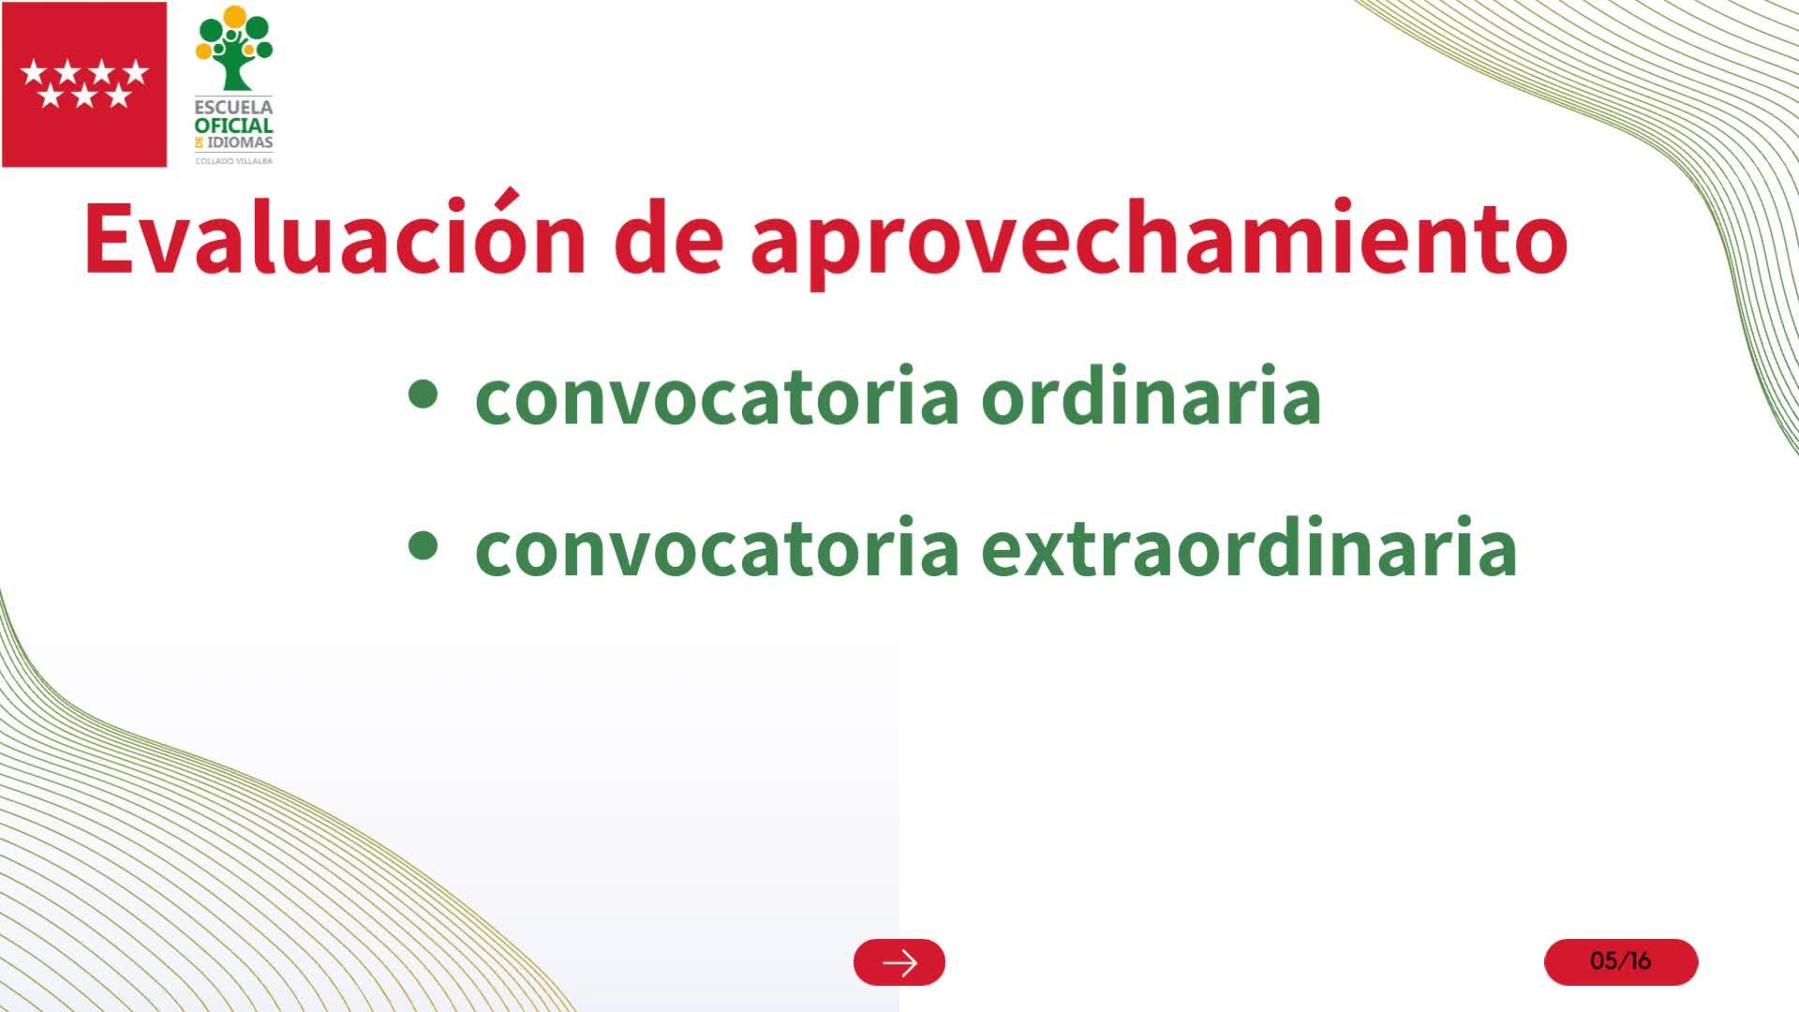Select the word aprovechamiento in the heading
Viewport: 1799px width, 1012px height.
coord(1159,242)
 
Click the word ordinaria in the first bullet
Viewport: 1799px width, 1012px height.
coord(1151,395)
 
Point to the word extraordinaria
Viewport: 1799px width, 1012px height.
coord(1249,546)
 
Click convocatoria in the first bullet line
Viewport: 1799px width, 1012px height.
coord(717,398)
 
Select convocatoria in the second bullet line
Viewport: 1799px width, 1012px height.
coord(717,549)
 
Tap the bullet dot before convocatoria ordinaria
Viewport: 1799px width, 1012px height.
coord(424,394)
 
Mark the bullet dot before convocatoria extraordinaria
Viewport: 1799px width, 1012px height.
coord(424,545)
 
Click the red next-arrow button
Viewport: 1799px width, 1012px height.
coord(899,961)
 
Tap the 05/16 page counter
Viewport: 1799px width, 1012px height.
coord(1621,961)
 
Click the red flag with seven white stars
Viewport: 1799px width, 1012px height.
coord(84,84)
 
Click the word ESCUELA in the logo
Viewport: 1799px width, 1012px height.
coord(234,107)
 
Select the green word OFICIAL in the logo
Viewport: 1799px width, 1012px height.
coord(234,126)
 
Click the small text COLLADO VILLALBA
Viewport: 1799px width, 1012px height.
coord(234,161)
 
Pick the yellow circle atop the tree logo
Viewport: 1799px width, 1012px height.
coord(234,17)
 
